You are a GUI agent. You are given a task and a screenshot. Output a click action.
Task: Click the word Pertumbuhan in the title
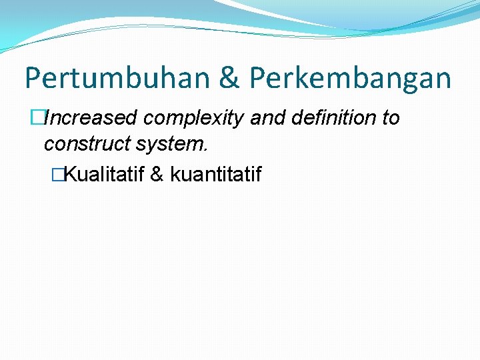tap(118, 78)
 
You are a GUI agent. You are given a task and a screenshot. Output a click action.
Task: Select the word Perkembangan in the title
tap(351, 78)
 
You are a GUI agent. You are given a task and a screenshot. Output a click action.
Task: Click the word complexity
tap(193, 119)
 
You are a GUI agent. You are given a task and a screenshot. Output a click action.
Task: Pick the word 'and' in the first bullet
tap(269, 118)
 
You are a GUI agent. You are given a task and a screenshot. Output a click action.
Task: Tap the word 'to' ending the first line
tap(390, 118)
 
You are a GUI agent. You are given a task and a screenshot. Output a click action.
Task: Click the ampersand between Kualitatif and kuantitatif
tap(157, 175)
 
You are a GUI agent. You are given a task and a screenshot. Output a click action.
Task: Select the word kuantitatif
tap(215, 175)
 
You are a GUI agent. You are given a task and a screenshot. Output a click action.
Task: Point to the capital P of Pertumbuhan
tap(33, 78)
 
